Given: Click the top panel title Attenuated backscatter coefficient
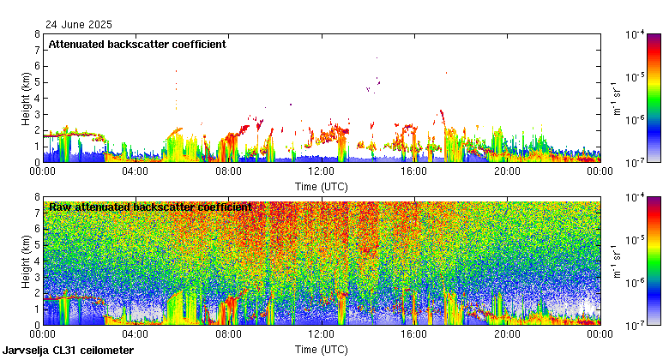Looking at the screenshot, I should tap(136, 45).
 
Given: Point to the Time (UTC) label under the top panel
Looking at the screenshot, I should tap(321, 185).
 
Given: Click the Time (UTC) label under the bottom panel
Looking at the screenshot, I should tap(321, 349).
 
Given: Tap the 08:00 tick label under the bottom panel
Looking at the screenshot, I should tap(228, 334).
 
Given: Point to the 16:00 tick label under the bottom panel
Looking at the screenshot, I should tap(414, 334).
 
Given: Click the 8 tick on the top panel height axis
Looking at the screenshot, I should tap(36, 35).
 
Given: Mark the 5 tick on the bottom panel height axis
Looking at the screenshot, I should tap(36, 245).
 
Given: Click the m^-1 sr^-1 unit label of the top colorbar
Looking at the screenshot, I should tap(616, 98).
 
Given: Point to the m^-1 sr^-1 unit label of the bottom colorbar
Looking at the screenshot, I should tap(616, 261).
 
